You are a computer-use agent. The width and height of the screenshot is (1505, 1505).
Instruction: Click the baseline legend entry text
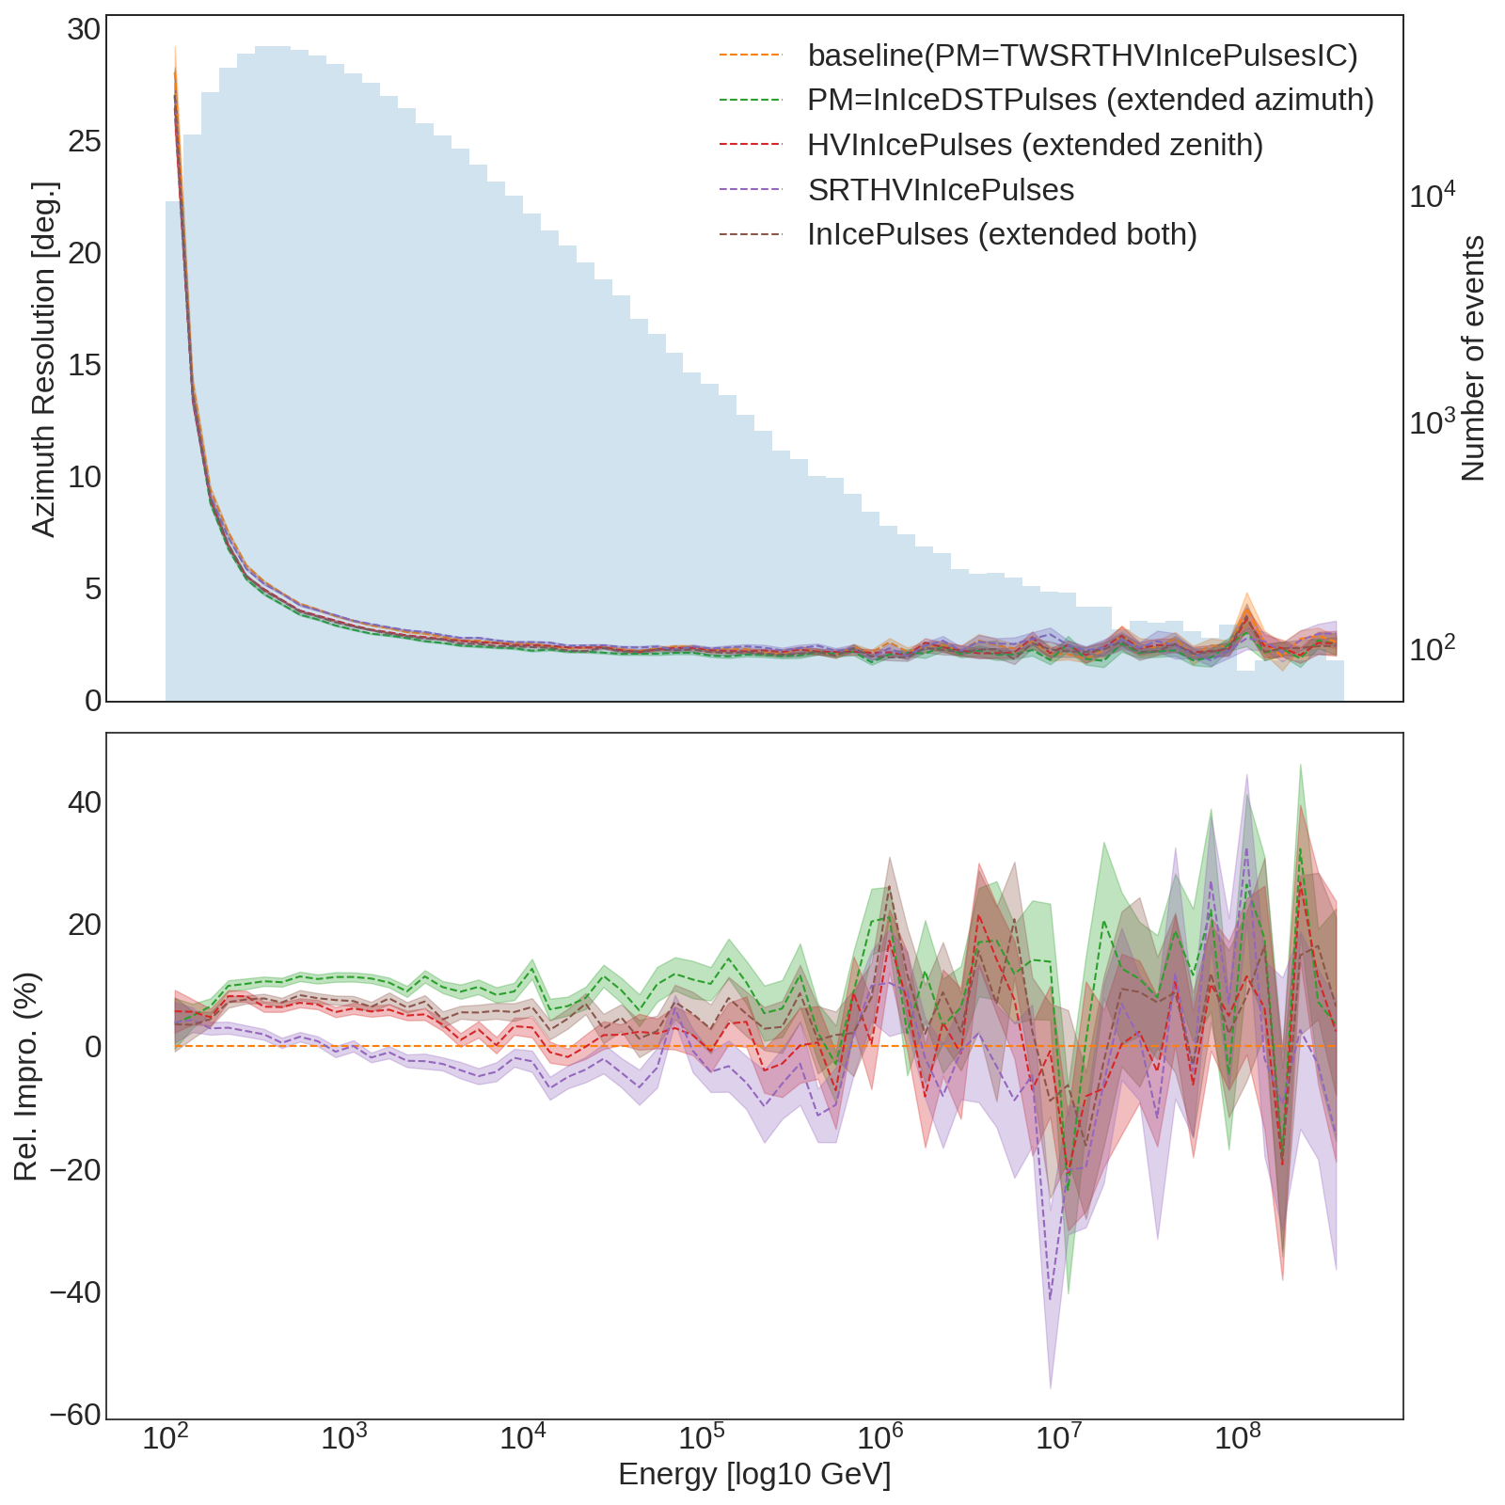pyautogui.click(x=1083, y=55)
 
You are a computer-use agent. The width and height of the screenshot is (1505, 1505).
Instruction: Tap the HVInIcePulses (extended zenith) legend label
pyautogui.click(x=1035, y=145)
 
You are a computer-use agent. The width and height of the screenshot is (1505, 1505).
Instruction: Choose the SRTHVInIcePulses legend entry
pyautogui.click(x=941, y=190)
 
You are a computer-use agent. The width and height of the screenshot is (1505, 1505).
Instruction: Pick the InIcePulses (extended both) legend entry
pyautogui.click(x=1002, y=234)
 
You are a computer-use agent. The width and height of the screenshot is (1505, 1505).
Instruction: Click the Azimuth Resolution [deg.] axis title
pyautogui.click(x=44, y=359)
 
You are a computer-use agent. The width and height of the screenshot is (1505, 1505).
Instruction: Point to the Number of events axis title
pyautogui.click(x=1473, y=358)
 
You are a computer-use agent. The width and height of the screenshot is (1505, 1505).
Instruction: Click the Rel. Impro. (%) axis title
pyautogui.click(x=25, y=1075)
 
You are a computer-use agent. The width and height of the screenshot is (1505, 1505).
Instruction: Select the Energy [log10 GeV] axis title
pyautogui.click(x=754, y=1474)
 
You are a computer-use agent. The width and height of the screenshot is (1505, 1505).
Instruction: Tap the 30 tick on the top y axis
pyautogui.click(x=84, y=30)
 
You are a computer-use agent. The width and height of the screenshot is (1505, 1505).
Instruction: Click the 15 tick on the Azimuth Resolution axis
pyautogui.click(x=84, y=366)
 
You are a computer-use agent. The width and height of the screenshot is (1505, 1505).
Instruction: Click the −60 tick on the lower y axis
pyautogui.click(x=74, y=1416)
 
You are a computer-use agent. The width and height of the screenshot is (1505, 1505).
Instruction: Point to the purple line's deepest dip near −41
pyautogui.click(x=1051, y=1299)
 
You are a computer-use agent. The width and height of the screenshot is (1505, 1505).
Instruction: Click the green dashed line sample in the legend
pyautogui.click(x=750, y=100)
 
